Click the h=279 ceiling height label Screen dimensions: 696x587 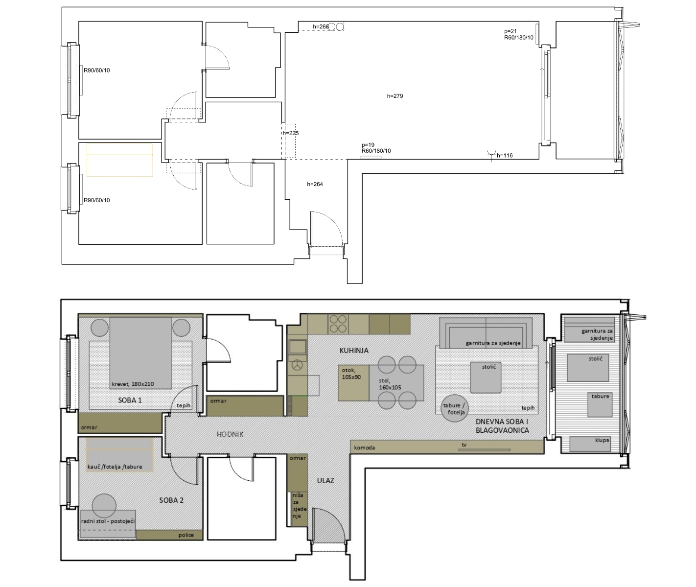click(x=394, y=96)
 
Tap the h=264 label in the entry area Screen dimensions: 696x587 click(x=315, y=184)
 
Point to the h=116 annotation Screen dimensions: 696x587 click(x=505, y=155)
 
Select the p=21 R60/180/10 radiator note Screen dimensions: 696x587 click(x=519, y=34)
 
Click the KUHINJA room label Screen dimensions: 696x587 click(x=354, y=351)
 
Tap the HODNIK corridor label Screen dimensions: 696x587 click(x=230, y=434)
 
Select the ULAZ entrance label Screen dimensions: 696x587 click(x=325, y=481)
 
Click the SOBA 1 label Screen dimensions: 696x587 click(x=130, y=400)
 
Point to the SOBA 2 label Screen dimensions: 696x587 click(x=171, y=500)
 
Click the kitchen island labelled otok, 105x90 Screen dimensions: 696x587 click(x=354, y=383)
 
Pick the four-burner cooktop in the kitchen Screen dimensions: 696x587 click(x=338, y=324)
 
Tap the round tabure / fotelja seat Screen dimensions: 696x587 click(x=455, y=408)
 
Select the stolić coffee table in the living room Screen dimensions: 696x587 click(x=486, y=377)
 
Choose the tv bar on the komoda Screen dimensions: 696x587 click(x=485, y=450)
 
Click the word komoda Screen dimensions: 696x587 click(x=364, y=447)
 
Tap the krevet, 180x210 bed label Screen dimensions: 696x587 click(x=133, y=384)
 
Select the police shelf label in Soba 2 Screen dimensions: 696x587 click(x=186, y=535)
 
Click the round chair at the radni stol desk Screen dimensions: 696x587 click(x=104, y=506)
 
